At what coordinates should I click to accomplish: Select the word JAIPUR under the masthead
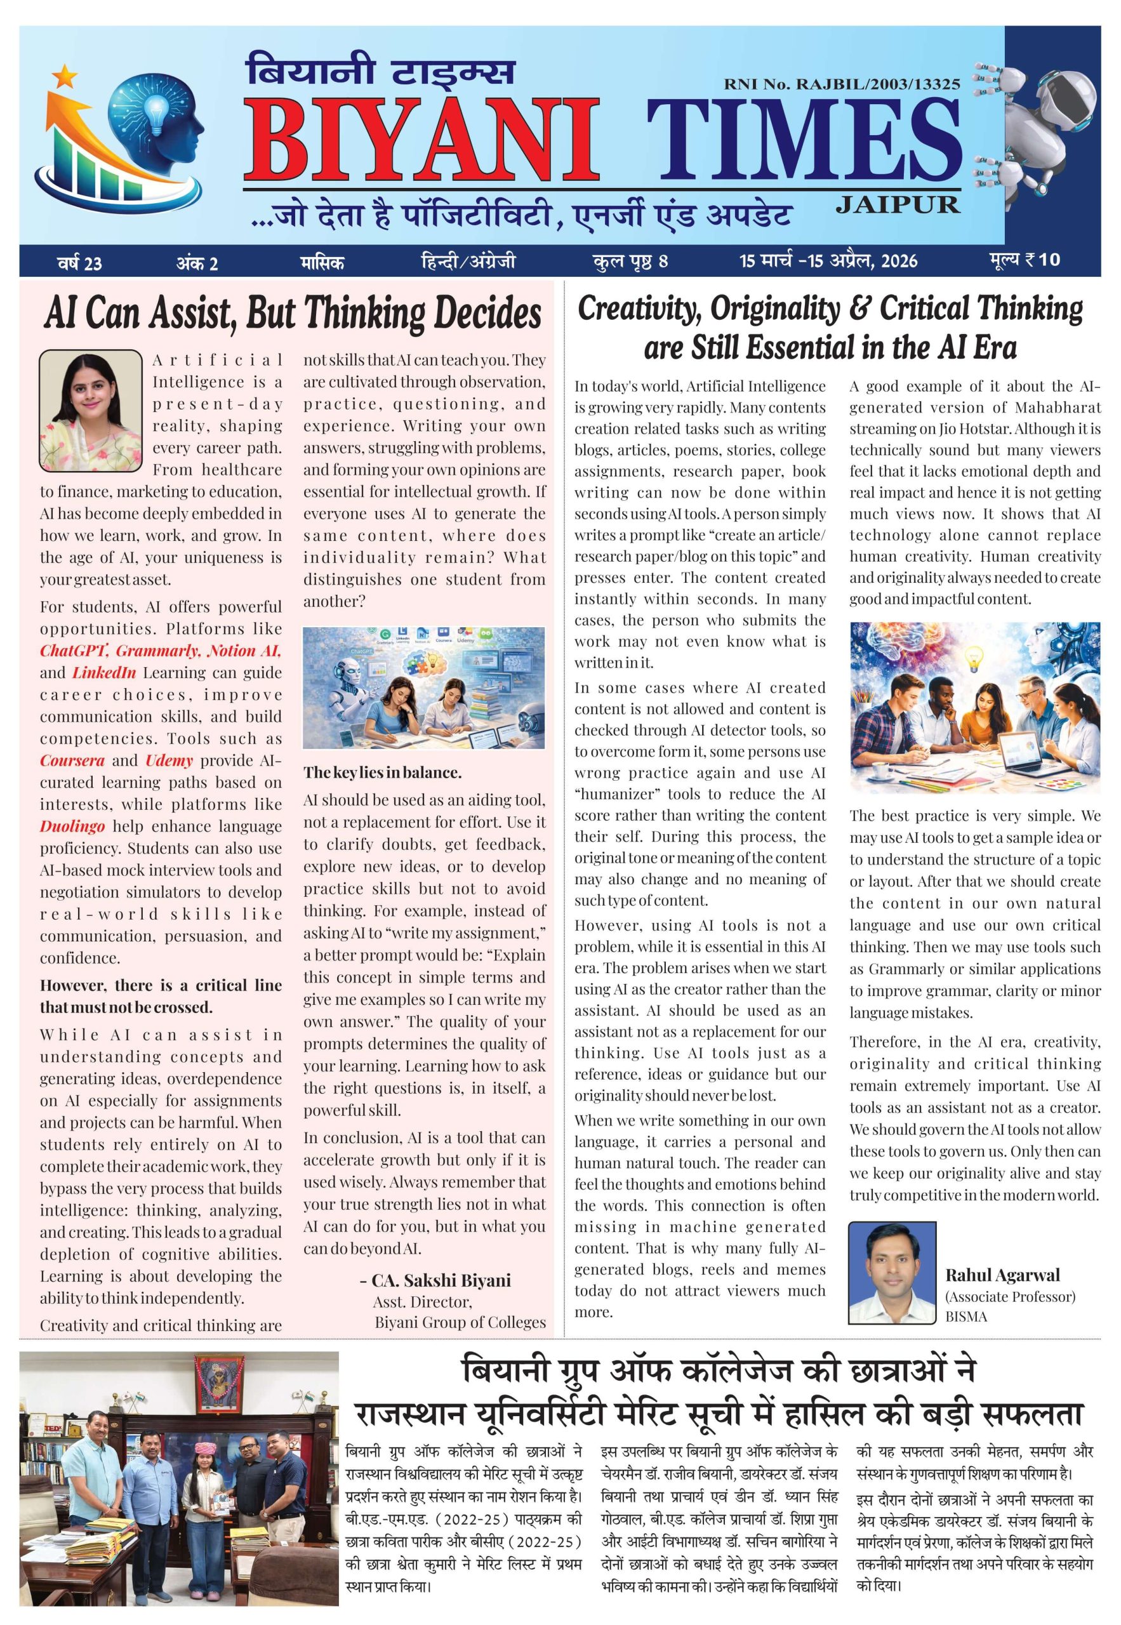tap(898, 204)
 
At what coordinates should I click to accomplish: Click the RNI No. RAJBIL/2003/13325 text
tap(842, 84)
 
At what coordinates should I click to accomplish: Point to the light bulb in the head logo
tap(156, 110)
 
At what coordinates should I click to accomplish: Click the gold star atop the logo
tap(64, 72)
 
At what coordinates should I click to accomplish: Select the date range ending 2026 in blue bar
tap(828, 262)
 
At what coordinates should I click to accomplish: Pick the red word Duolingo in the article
tap(72, 826)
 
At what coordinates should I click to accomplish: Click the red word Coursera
tap(72, 760)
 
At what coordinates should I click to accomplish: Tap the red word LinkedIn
tap(104, 672)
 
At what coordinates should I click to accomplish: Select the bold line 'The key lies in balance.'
tap(382, 773)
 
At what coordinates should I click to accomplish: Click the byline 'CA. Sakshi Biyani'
tap(441, 1280)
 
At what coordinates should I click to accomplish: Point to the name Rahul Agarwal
tap(1002, 1275)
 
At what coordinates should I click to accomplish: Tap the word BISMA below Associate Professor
tap(965, 1317)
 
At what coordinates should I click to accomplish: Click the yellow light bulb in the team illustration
tap(976, 661)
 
